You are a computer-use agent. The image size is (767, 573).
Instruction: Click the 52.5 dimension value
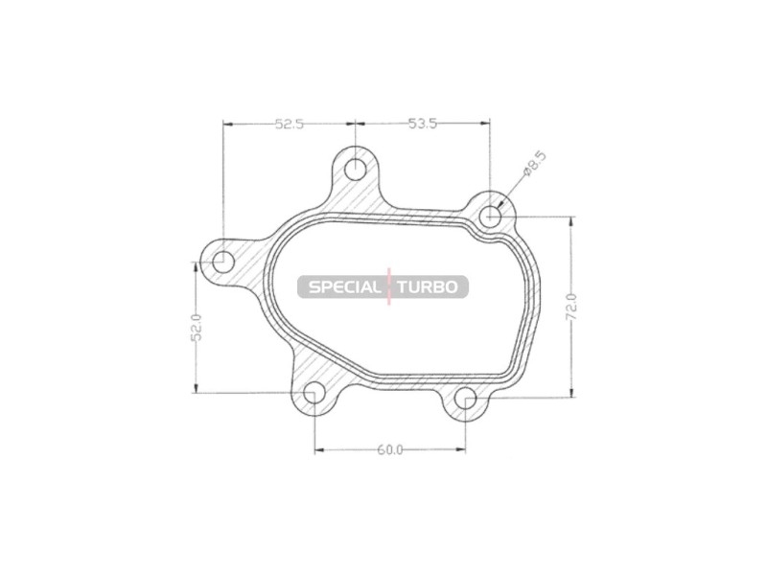[290, 125]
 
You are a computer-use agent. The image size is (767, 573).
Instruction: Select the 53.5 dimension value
[423, 125]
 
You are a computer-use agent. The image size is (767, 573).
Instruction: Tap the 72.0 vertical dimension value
[572, 307]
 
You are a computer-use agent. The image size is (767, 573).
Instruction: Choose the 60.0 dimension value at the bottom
[390, 449]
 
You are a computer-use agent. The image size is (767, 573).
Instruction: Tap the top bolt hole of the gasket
[355, 171]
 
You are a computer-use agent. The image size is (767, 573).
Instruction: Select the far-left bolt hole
[223, 261]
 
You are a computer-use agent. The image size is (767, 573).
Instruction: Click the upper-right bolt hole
[490, 217]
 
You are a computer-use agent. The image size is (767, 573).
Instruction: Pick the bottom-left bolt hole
[314, 394]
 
